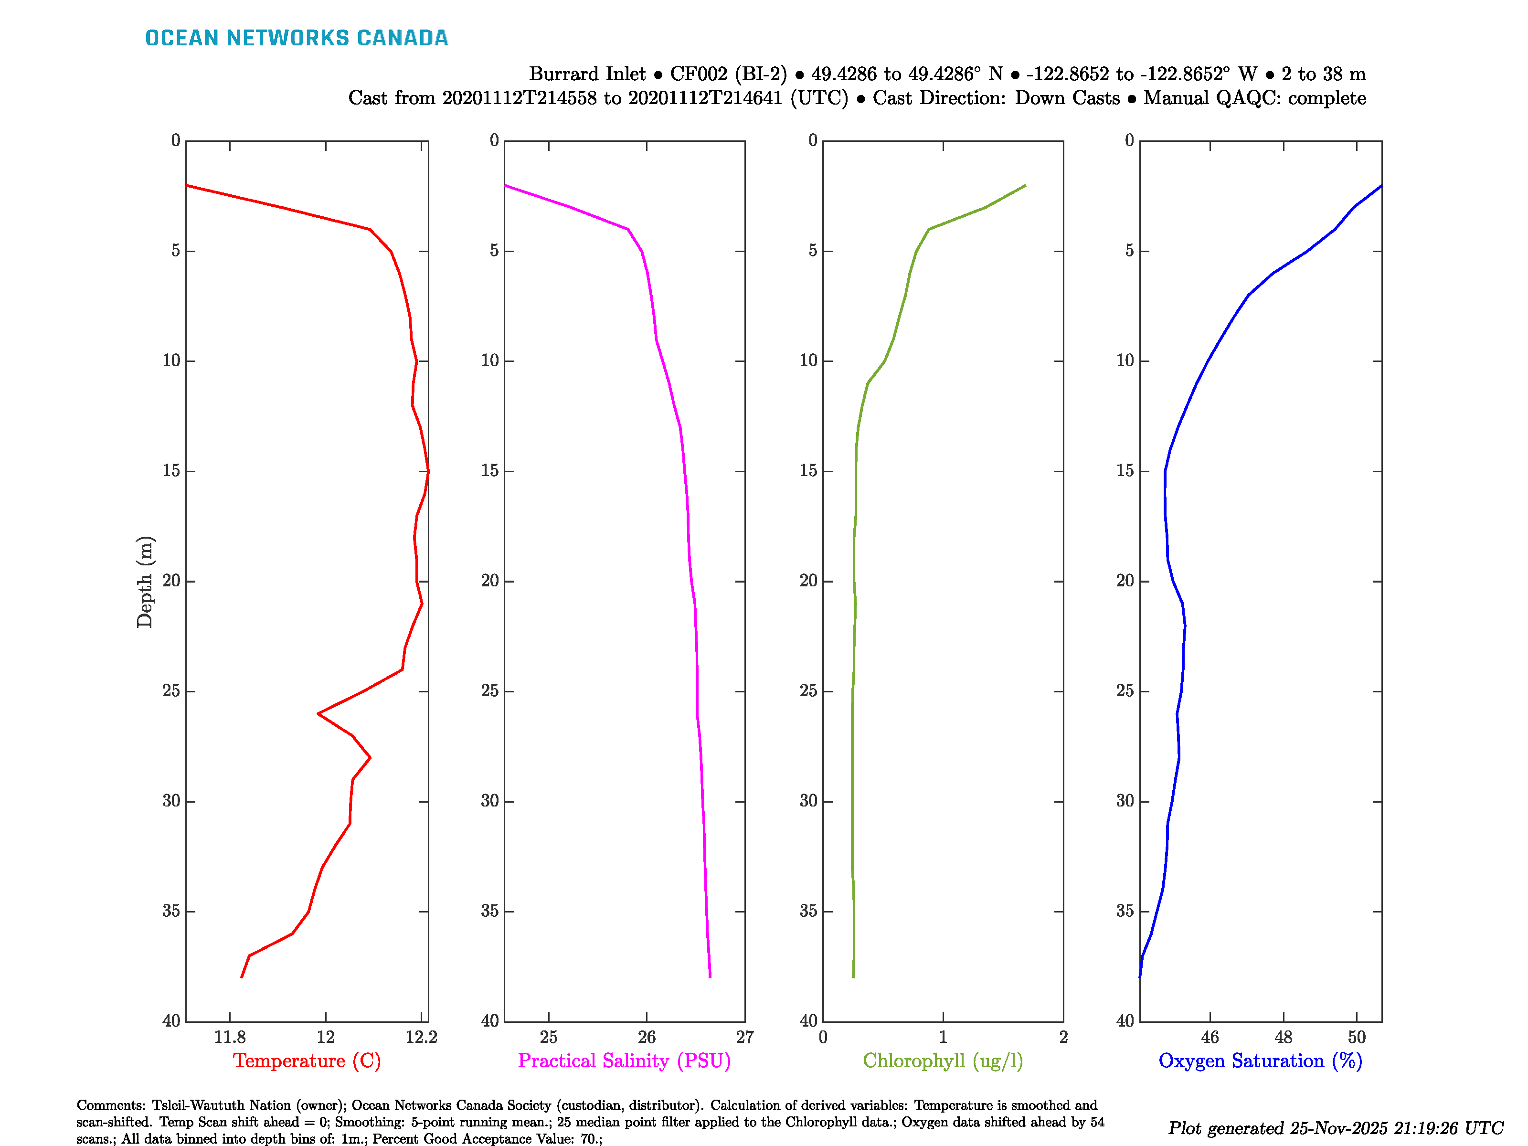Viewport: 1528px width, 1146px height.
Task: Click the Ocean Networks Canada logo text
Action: point(297,38)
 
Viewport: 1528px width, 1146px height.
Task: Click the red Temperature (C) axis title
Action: point(307,1061)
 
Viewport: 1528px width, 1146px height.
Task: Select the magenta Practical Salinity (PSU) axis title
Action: point(624,1061)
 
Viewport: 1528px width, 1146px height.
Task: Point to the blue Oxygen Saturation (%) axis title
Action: point(1260,1061)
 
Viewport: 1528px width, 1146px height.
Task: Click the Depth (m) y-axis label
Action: point(144,582)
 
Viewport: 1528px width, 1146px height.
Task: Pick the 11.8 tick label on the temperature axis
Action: point(229,1037)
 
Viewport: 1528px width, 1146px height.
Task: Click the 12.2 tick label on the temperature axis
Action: point(421,1037)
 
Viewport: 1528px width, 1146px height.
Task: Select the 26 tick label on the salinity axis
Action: point(647,1037)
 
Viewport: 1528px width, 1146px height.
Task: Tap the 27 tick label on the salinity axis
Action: point(744,1037)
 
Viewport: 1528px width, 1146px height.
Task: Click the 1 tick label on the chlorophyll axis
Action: point(943,1037)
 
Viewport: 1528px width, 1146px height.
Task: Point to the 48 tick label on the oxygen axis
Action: point(1284,1037)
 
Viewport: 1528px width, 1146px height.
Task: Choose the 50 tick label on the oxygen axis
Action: point(1357,1037)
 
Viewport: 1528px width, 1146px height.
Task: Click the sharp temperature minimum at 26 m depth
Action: point(318,713)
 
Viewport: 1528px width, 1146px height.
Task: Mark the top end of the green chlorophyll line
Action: point(1025,185)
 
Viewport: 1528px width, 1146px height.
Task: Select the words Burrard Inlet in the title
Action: point(587,74)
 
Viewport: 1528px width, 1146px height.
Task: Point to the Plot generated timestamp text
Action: point(1335,1128)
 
